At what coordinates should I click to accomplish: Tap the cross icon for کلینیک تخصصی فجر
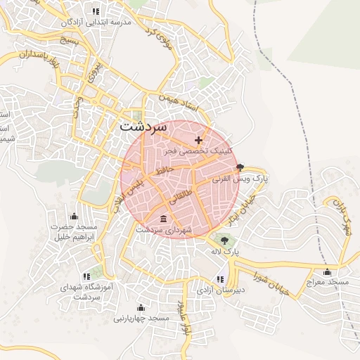click(x=199, y=141)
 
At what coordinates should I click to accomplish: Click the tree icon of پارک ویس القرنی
click(x=241, y=167)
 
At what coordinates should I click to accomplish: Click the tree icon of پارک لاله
click(x=224, y=239)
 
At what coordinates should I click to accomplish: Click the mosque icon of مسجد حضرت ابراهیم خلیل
click(x=74, y=216)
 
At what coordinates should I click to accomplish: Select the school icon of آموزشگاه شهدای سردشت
click(x=86, y=276)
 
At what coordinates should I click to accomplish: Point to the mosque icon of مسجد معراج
click(x=326, y=271)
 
